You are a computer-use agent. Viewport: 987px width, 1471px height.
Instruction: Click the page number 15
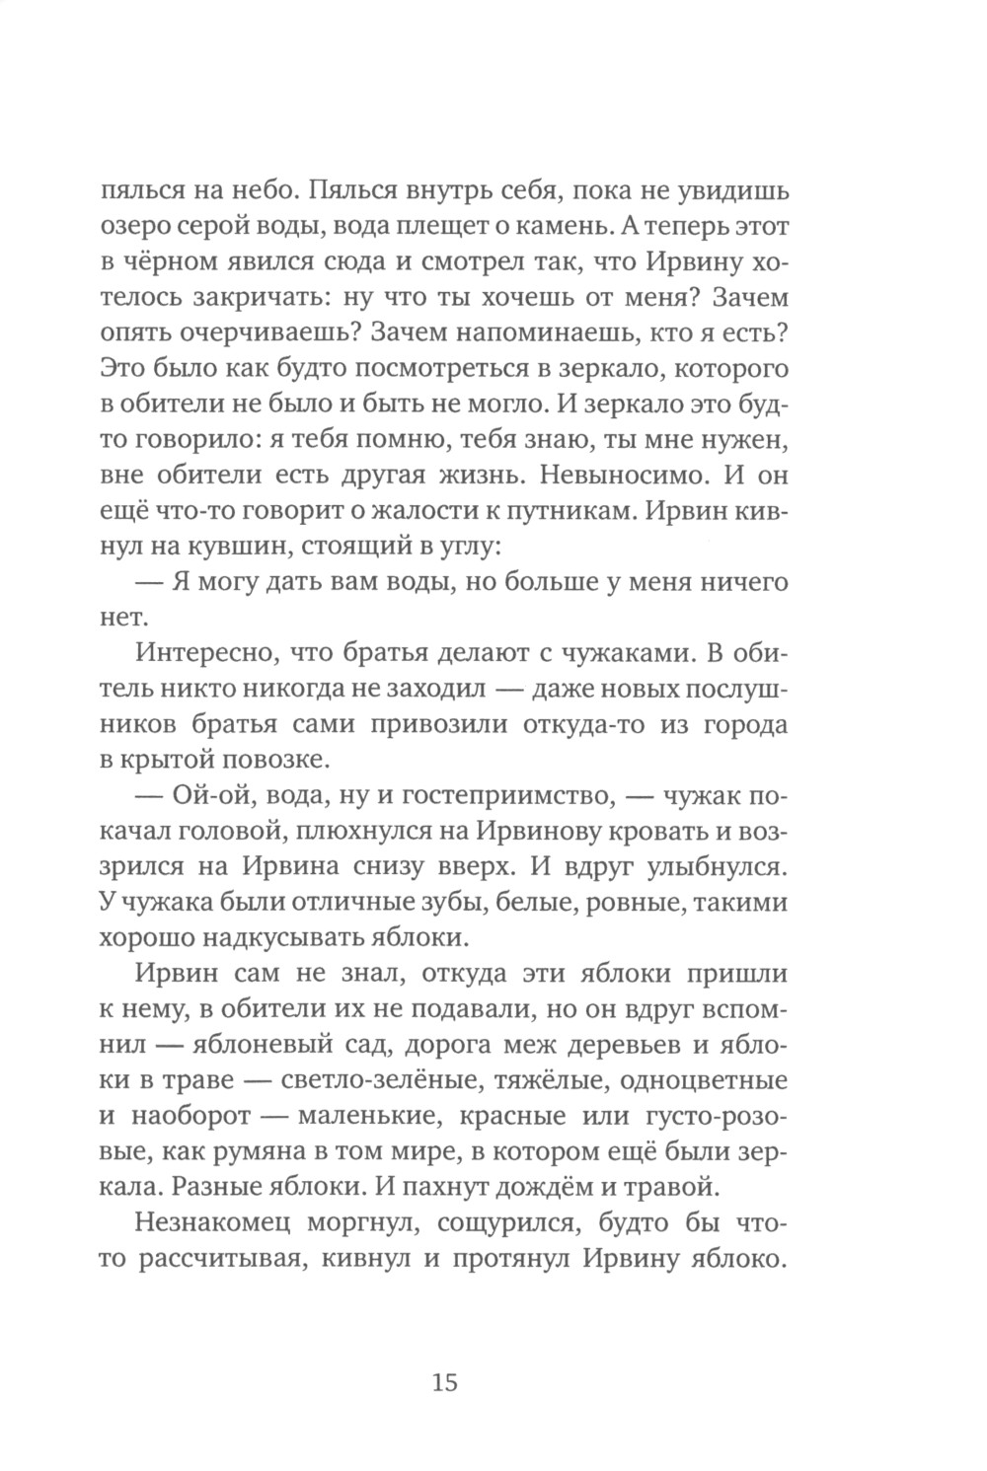444,1382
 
